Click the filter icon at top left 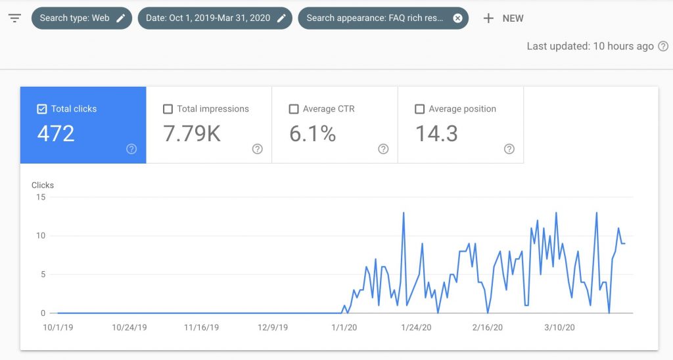(14, 18)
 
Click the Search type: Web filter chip (81, 18)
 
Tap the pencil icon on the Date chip (281, 18)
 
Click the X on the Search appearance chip (457, 18)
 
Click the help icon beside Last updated (663, 46)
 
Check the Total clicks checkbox (42, 109)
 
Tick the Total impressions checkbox (168, 109)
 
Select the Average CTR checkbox (294, 109)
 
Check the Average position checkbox (420, 109)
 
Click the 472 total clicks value (56, 134)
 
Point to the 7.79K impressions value (192, 134)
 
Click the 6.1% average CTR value (313, 134)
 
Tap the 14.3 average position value (437, 134)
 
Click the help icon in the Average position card (509, 149)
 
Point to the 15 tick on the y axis (41, 197)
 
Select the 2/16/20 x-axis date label (487, 326)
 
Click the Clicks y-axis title (43, 185)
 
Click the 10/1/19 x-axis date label (57, 326)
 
